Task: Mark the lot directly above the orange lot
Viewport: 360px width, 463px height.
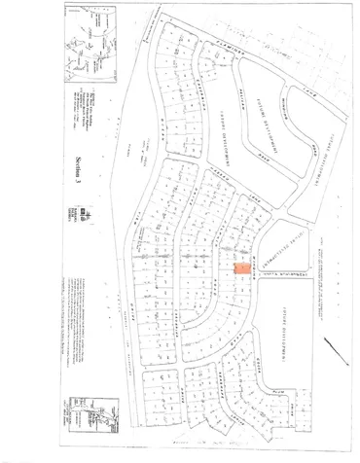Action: click(x=240, y=251)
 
